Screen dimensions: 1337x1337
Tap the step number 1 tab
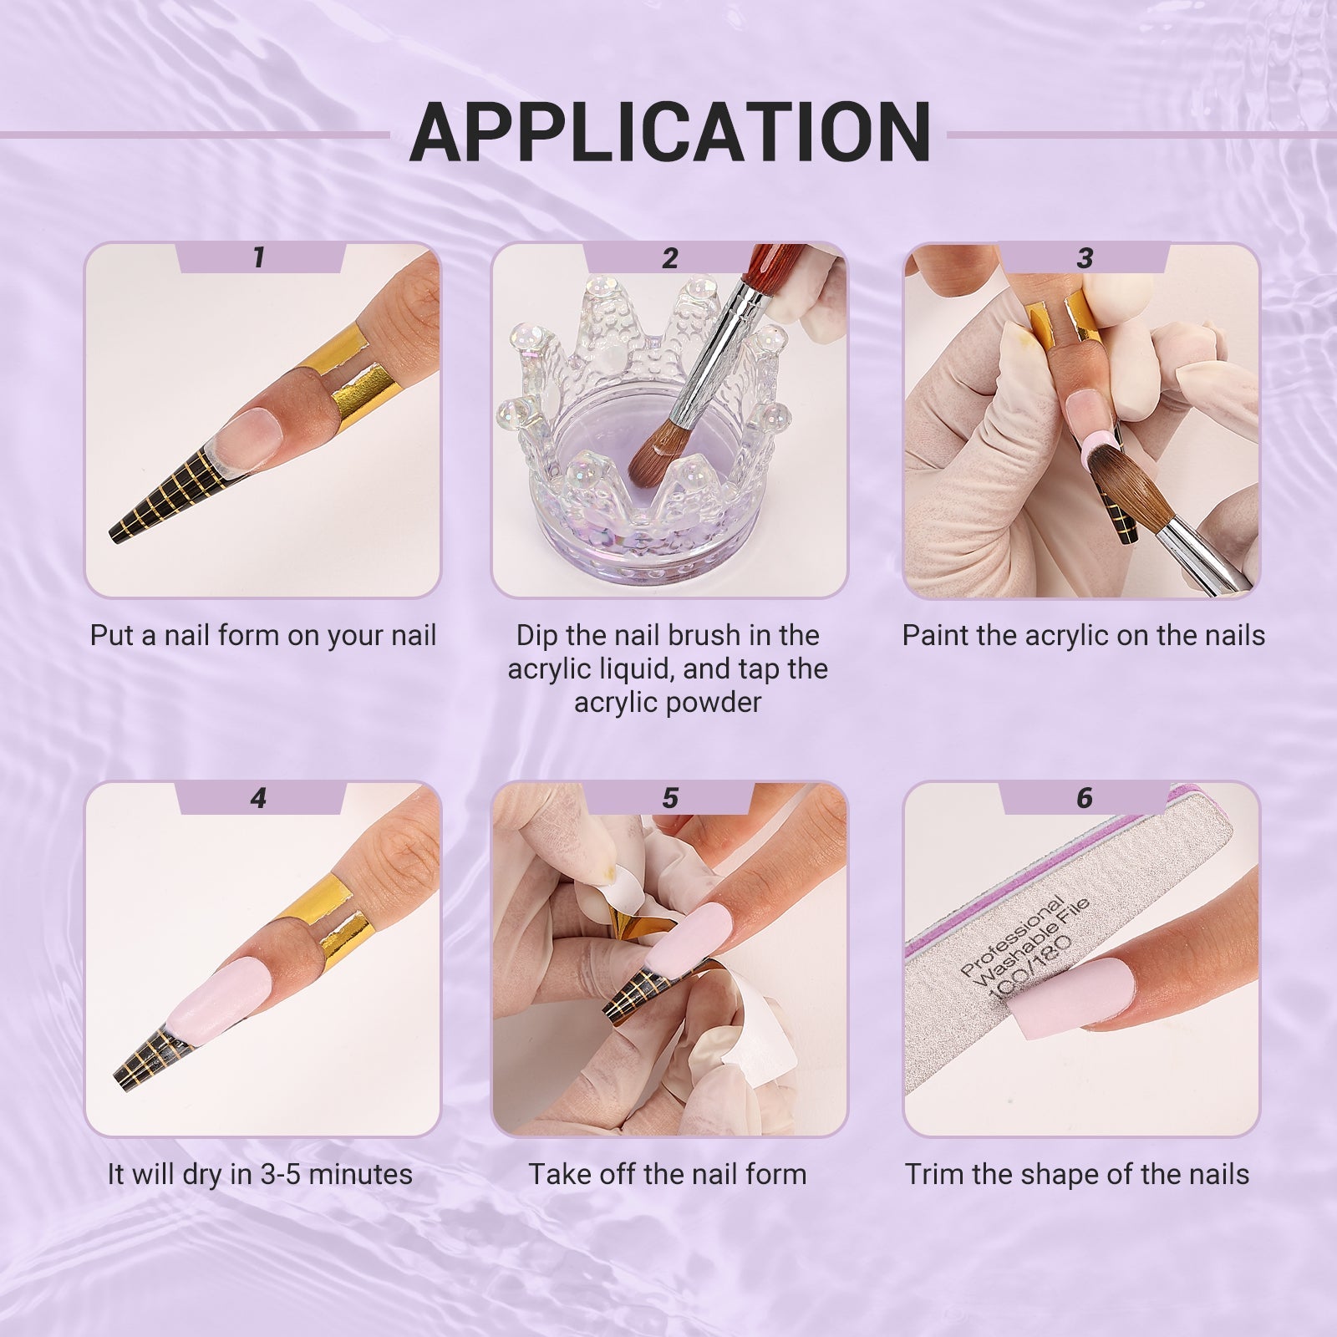pos(259,257)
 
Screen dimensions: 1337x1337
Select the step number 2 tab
pos(669,257)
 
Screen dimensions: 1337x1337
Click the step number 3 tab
pos(1084,257)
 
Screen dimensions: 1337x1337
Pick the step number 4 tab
pos(259,798)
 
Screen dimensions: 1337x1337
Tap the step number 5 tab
pos(669,798)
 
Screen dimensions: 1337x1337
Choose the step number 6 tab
pos(1084,798)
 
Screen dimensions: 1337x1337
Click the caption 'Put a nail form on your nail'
pos(263,636)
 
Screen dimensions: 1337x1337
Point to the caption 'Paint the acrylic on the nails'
pos(1084,636)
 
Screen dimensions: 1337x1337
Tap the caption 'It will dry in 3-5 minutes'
pos(260,1174)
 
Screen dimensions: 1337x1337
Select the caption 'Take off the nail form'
pos(668,1174)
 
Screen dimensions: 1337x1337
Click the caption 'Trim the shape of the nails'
pos(1077,1174)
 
